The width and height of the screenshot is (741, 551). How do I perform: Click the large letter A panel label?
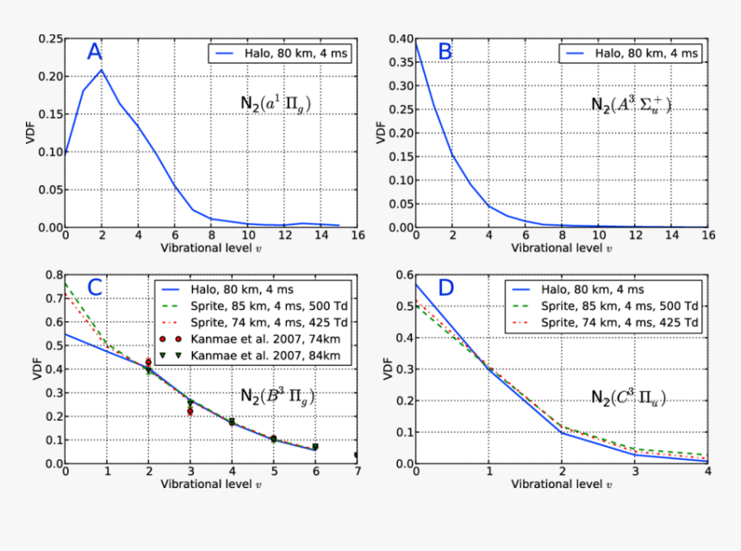pos(95,53)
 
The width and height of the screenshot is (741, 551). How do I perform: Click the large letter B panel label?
pos(445,52)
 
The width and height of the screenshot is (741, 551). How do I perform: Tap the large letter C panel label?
pos(95,288)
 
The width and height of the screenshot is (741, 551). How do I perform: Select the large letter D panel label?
pos(445,288)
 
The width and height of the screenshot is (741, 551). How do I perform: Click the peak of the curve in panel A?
pos(103,71)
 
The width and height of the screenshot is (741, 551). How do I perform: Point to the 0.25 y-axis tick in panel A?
pos(50,39)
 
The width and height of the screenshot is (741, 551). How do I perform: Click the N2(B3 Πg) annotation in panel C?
pos(278,397)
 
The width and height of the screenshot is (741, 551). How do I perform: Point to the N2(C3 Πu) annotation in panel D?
pos(628,397)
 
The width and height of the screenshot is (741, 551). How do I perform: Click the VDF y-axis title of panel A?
pos(24,133)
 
